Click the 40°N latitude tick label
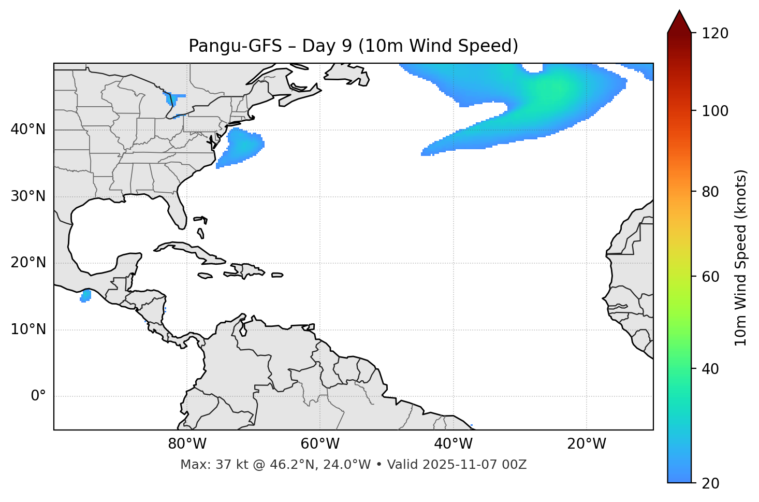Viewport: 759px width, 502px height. click(28, 130)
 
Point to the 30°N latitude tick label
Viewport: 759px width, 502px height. click(28, 196)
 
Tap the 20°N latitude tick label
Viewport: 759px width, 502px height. click(28, 263)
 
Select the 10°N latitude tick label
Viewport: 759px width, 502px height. click(28, 329)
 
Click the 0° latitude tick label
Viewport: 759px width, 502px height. click(38, 396)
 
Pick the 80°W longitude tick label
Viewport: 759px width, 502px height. click(187, 444)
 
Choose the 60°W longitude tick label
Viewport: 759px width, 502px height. click(320, 444)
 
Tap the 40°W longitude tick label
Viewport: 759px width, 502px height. click(453, 444)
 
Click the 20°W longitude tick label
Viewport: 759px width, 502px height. click(586, 444)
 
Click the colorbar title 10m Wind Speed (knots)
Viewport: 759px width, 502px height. click(741, 257)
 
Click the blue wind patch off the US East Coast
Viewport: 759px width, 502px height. click(241, 147)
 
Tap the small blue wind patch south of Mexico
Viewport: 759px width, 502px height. click(86, 296)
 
